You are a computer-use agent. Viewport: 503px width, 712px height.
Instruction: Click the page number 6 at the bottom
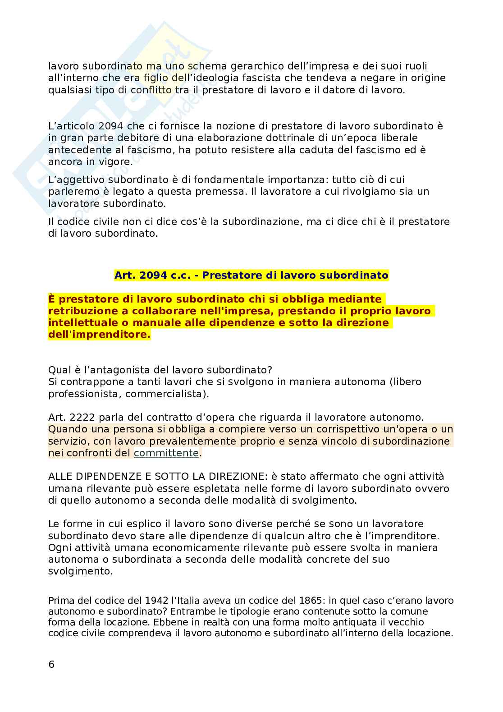click(x=51, y=664)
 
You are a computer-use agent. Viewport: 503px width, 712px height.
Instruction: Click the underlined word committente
click(x=166, y=453)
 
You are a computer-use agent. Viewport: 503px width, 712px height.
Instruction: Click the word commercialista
click(x=165, y=393)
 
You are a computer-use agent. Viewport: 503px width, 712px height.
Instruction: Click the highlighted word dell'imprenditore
click(x=99, y=334)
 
